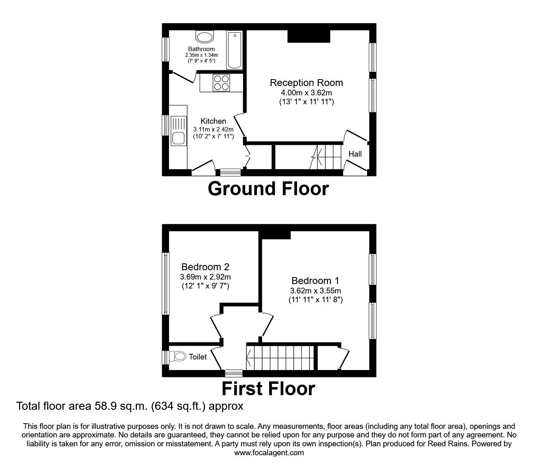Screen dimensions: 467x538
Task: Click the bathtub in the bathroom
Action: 234,51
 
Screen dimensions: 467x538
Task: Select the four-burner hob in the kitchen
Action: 221,83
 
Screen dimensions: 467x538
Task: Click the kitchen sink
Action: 178,131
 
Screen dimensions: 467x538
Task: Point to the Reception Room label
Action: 306,83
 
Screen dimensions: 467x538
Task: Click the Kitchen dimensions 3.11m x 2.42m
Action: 213,129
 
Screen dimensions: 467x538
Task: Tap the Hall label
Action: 355,154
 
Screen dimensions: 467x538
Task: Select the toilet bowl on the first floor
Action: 178,357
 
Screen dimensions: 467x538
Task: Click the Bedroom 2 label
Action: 205,267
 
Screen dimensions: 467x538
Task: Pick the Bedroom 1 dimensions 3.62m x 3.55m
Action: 315,291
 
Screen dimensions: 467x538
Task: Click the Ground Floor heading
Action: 268,189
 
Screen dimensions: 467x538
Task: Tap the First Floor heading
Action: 268,388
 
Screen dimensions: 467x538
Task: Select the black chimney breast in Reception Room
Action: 309,36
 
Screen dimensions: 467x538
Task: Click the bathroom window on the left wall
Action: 165,49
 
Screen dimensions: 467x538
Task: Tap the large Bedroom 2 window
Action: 165,284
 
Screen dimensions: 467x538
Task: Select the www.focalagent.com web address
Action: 269,453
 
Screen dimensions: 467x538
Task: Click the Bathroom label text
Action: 201,49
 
